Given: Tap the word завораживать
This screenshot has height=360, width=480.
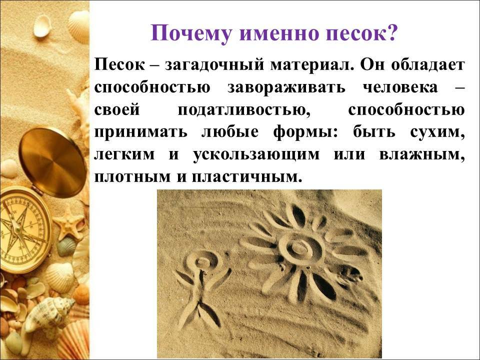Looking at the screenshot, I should tap(286, 87).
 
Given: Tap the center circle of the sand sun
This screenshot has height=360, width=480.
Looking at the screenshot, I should tap(298, 246).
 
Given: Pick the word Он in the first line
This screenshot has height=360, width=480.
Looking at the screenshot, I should tap(376, 65).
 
